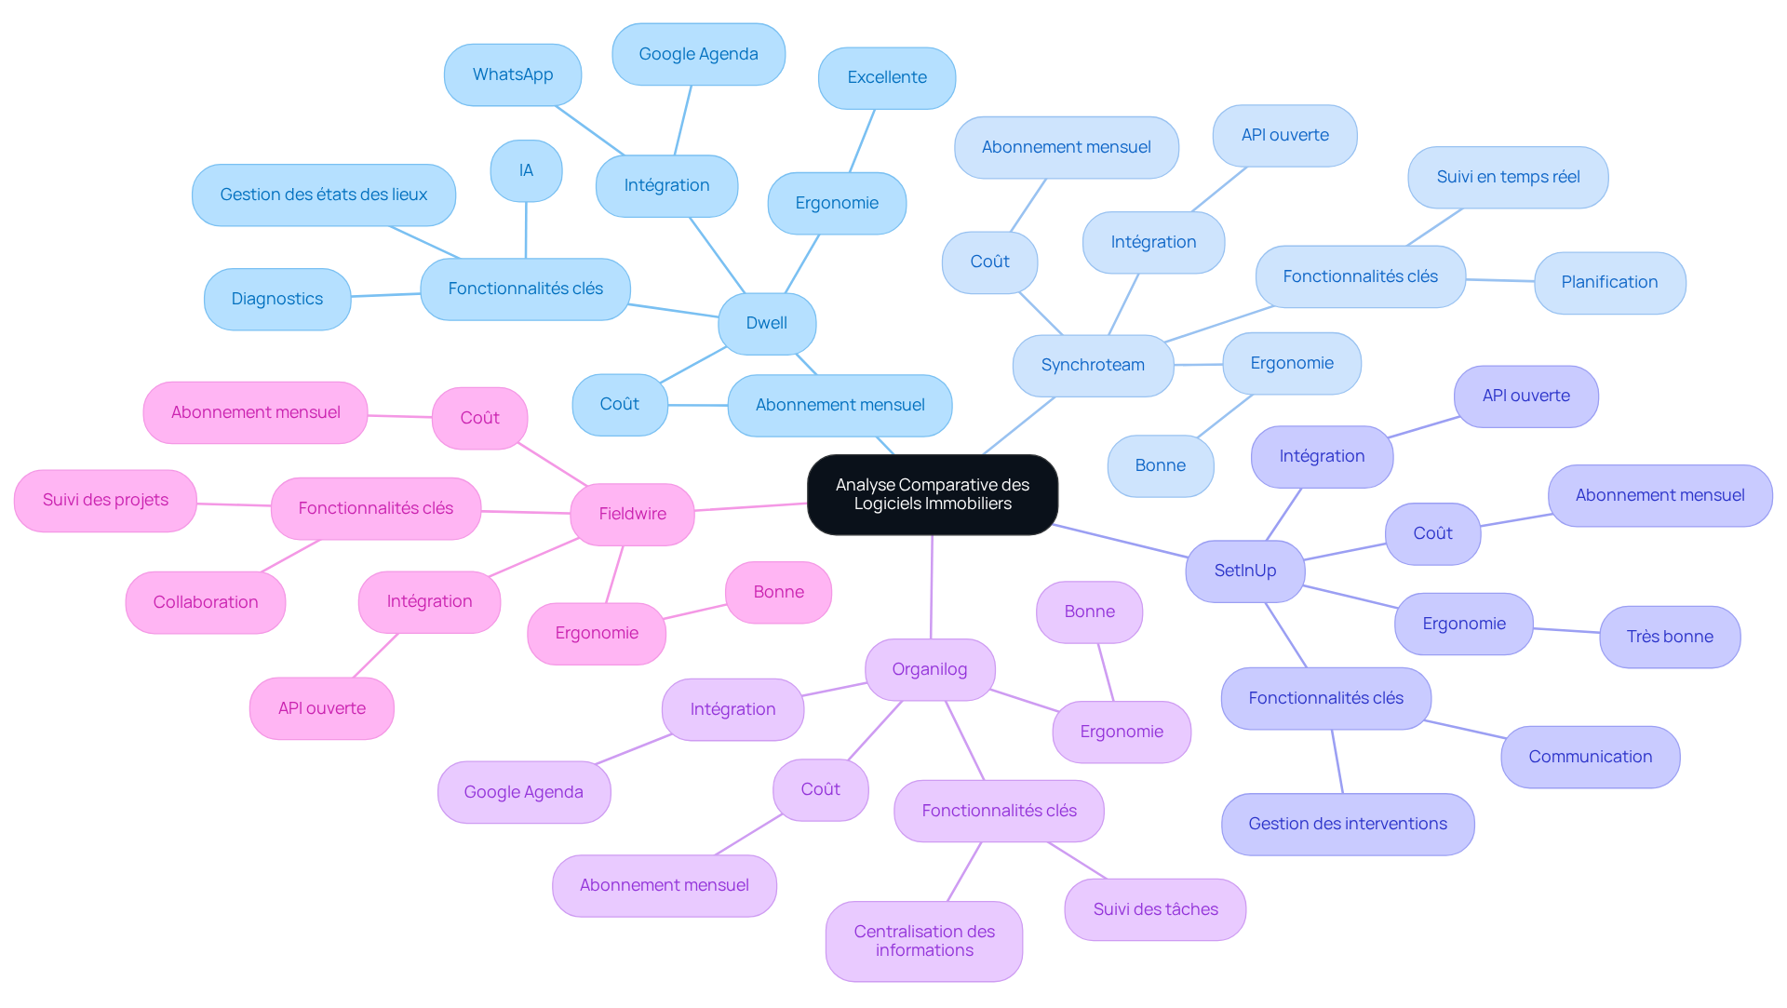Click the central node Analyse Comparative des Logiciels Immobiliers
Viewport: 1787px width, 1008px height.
[x=933, y=494]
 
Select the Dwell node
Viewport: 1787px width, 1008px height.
[x=767, y=323]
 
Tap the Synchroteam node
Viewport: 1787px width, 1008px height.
[x=1093, y=365]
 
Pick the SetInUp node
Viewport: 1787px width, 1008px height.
[x=1245, y=571]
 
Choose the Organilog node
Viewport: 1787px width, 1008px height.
[x=930, y=669]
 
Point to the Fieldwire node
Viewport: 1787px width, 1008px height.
[x=633, y=514]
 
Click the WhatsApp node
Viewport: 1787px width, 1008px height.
[x=513, y=74]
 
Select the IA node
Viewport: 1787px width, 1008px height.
[x=526, y=170]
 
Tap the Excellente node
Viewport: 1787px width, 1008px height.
[x=887, y=77]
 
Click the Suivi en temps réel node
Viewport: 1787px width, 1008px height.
[x=1508, y=177]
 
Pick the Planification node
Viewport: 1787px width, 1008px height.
[x=1610, y=282]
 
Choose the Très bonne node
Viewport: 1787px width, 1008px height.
[x=1670, y=637]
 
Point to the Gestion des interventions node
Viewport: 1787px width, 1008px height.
[x=1348, y=824]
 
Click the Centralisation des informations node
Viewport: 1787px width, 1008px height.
[x=924, y=941]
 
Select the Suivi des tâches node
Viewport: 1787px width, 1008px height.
[x=1155, y=909]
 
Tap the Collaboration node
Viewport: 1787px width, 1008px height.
[x=206, y=602]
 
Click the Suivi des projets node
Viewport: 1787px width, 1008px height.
[x=105, y=500]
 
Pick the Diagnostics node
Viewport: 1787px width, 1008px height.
[x=277, y=299]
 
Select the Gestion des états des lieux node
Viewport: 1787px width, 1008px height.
[x=324, y=195]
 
